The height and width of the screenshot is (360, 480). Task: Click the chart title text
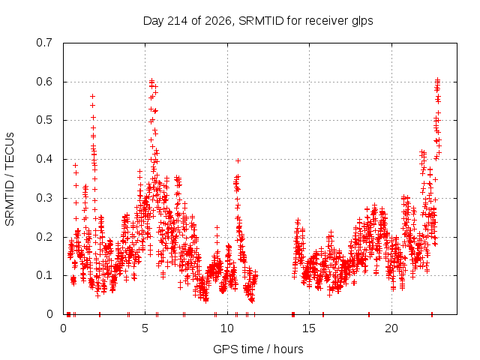pyautogui.click(x=258, y=21)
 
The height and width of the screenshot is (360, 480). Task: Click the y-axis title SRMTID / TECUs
pyautogui.click(x=10, y=179)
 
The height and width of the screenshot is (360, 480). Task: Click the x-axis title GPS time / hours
pyautogui.click(x=258, y=349)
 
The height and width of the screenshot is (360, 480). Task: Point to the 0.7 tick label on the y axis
pyautogui.click(x=44, y=43)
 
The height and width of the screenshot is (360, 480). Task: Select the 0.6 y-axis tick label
pyautogui.click(x=44, y=82)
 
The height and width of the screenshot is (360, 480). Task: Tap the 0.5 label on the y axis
pyautogui.click(x=44, y=120)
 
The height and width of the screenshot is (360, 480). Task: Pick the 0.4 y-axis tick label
pyautogui.click(x=44, y=159)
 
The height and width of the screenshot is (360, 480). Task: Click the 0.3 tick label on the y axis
pyautogui.click(x=44, y=198)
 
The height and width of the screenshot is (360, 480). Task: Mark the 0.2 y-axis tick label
pyautogui.click(x=44, y=237)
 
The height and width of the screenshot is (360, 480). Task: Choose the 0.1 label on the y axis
pyautogui.click(x=44, y=275)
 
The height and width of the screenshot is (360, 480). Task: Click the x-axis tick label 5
pyautogui.click(x=145, y=328)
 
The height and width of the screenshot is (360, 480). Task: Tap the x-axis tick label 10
pyautogui.click(x=227, y=328)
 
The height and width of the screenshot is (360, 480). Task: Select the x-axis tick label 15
pyautogui.click(x=309, y=328)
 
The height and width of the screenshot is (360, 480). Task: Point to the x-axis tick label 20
pyautogui.click(x=391, y=328)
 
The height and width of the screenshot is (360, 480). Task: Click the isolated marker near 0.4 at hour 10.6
pyautogui.click(x=238, y=160)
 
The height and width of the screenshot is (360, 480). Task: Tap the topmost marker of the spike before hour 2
pyautogui.click(x=92, y=97)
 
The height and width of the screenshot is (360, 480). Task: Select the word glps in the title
pyautogui.click(x=362, y=22)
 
